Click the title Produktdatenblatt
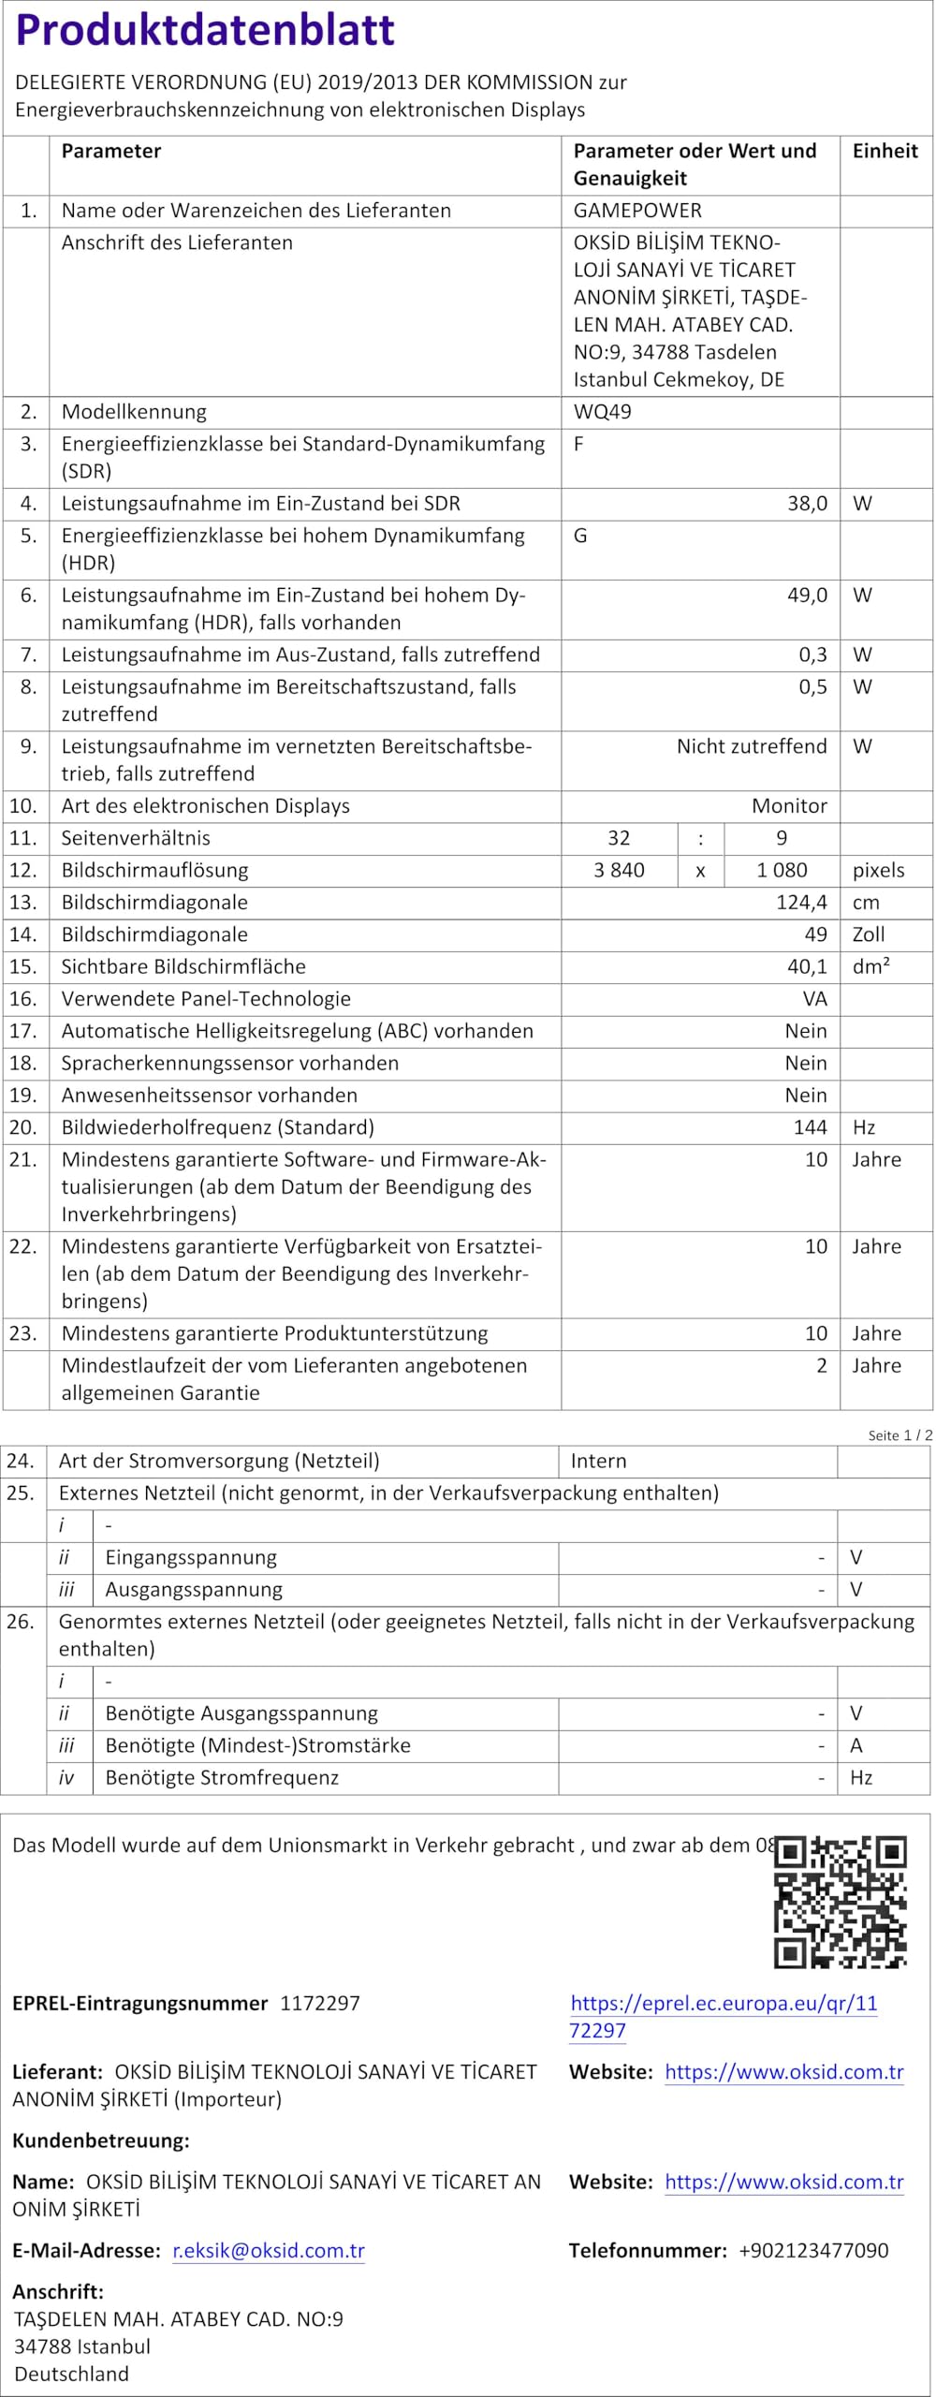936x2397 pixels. click(x=205, y=30)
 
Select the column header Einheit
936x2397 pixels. click(x=885, y=151)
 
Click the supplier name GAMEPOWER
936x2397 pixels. click(x=637, y=211)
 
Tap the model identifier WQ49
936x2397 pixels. click(x=602, y=412)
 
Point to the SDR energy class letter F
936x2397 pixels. click(x=578, y=444)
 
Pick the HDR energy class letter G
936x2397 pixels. click(x=580, y=536)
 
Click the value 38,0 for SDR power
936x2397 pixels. click(x=807, y=504)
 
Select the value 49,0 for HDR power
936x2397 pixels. click(x=807, y=596)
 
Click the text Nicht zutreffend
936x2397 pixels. click(x=752, y=746)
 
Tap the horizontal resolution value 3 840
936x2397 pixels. click(x=619, y=870)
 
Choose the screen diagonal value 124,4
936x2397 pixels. click(x=802, y=903)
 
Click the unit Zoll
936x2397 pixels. click(x=869, y=934)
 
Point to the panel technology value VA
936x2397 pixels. click(x=814, y=999)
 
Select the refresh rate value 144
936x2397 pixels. click(x=811, y=1127)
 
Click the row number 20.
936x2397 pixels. click(x=23, y=1127)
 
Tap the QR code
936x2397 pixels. click(x=840, y=1902)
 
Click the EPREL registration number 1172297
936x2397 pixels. click(x=320, y=2004)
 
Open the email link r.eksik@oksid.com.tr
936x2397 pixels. click(x=269, y=2251)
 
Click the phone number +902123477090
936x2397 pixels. click(x=813, y=2251)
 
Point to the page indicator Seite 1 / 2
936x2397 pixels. click(x=899, y=1435)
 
